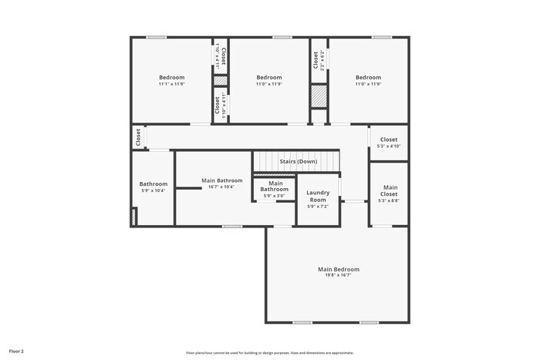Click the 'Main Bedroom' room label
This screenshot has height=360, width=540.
click(x=338, y=269)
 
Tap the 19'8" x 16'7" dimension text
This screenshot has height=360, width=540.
click(x=338, y=275)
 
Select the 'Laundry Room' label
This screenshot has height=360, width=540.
click(x=318, y=196)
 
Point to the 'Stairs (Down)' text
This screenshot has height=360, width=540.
click(x=298, y=161)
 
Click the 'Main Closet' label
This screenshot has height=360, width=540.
click(x=390, y=190)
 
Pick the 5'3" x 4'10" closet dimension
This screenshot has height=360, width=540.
click(x=389, y=146)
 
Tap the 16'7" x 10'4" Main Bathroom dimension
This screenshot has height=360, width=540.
click(x=221, y=187)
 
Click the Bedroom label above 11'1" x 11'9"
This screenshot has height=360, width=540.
click(x=172, y=77)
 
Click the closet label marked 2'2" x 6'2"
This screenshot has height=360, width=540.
click(x=316, y=60)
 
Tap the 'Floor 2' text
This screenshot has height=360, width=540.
click(x=16, y=351)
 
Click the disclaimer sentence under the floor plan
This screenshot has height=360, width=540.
click(x=269, y=352)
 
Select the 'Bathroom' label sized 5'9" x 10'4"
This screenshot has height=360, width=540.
click(x=153, y=183)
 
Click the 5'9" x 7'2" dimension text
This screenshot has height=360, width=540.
click(x=318, y=206)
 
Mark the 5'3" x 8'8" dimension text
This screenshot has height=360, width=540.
click(x=389, y=200)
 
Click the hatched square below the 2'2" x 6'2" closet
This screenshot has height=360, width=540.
click(x=319, y=96)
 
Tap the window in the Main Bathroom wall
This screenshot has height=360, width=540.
click(x=232, y=226)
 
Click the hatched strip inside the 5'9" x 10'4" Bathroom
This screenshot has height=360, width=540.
click(x=134, y=217)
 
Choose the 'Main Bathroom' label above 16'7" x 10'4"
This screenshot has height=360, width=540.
click(x=221, y=180)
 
